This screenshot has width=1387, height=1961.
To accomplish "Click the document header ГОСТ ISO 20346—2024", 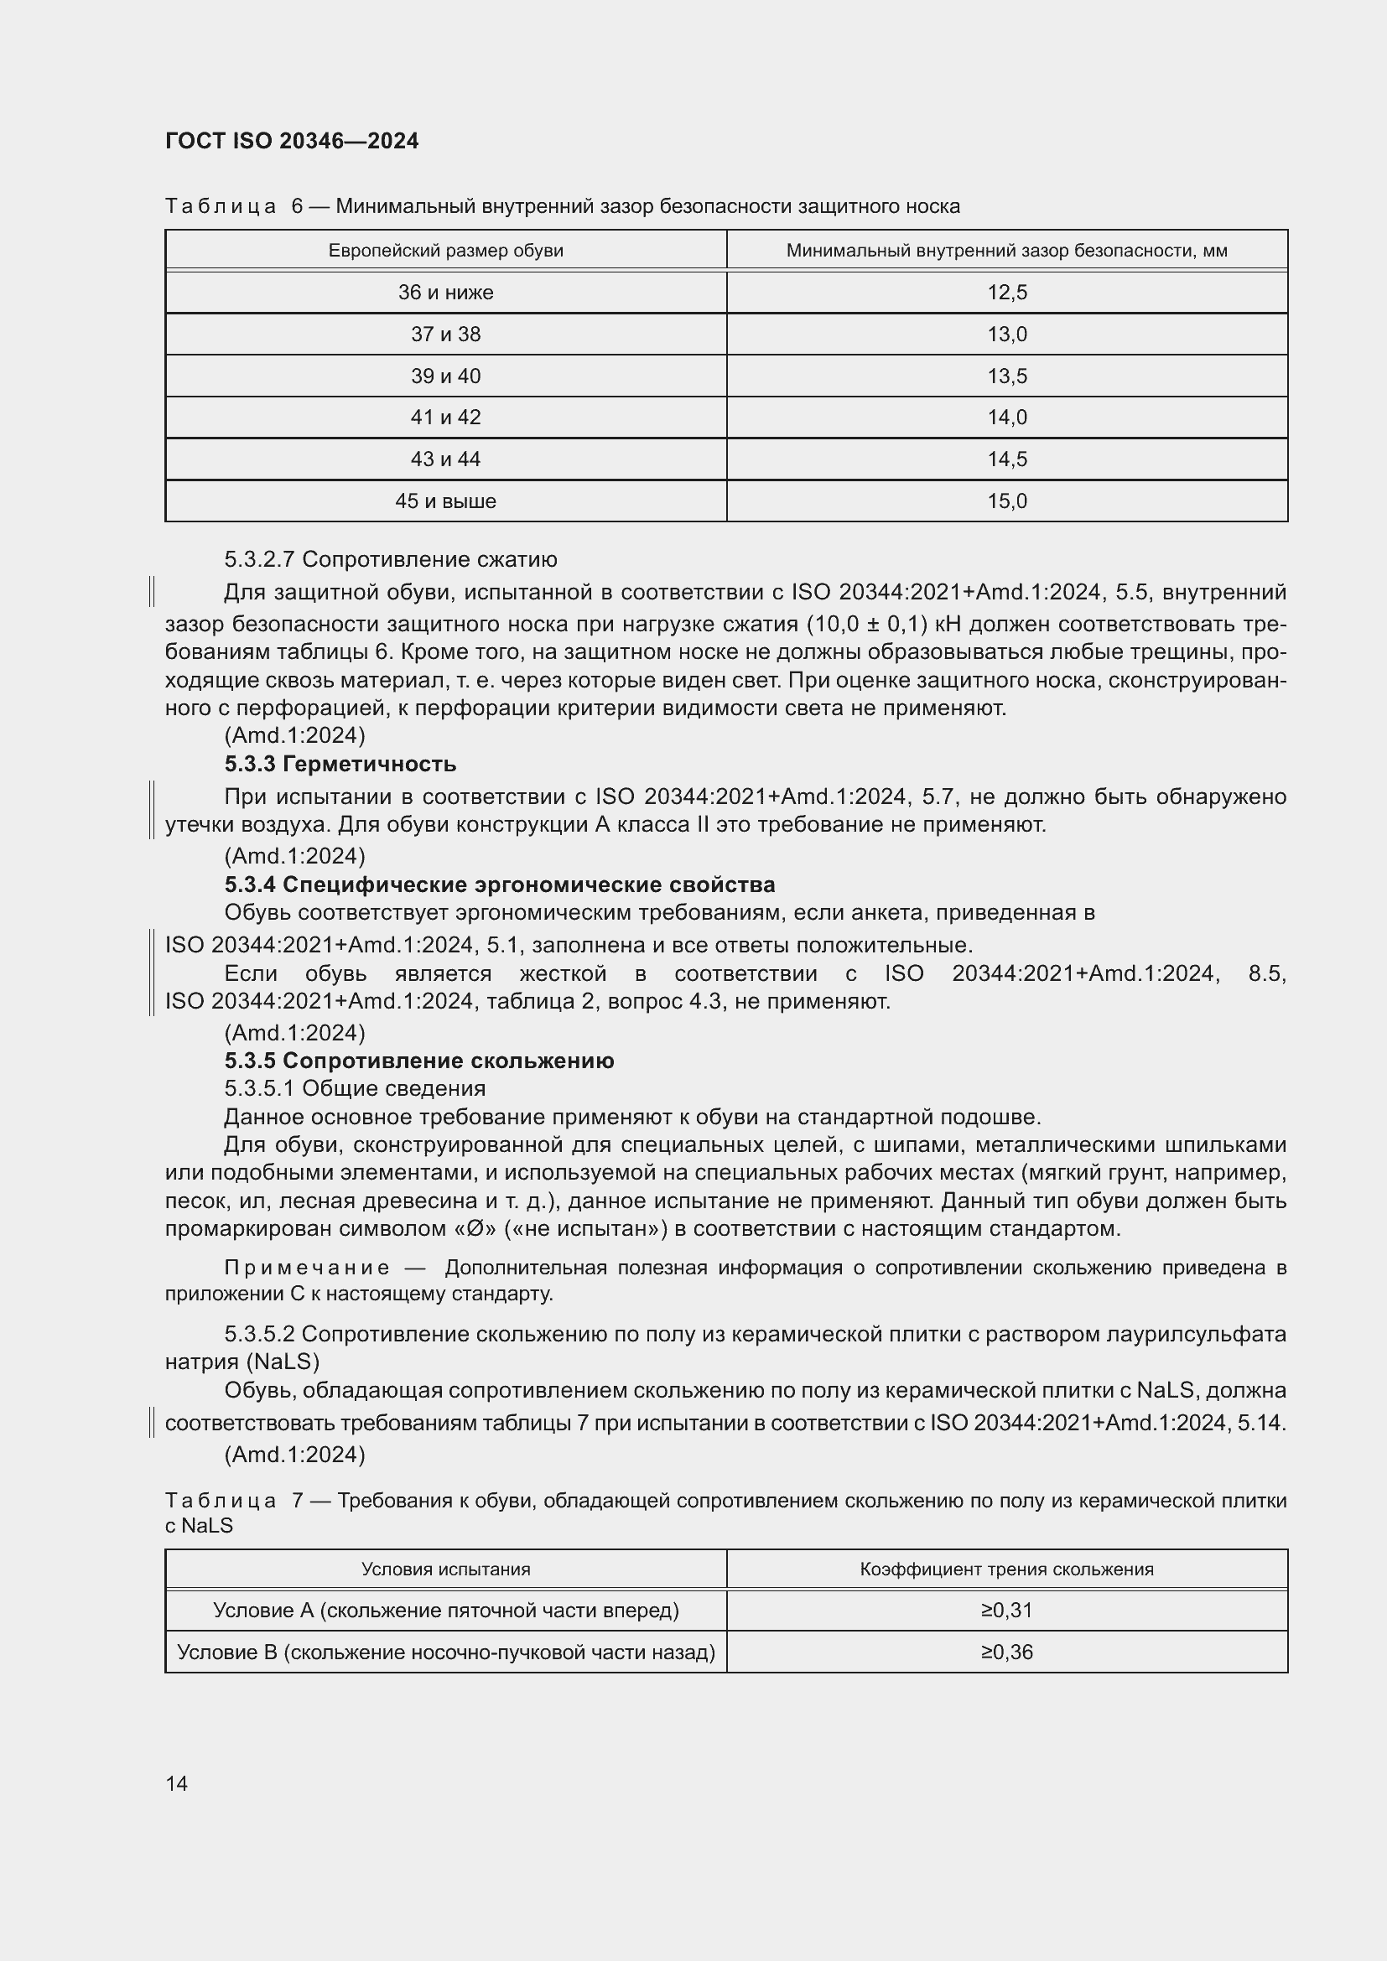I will click(291, 141).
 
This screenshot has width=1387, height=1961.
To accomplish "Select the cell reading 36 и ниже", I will click(445, 292).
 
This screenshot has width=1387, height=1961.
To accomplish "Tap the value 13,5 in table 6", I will click(1007, 376).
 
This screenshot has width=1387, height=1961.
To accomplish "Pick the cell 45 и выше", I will click(445, 501).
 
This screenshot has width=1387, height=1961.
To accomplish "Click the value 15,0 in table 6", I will click(1007, 501).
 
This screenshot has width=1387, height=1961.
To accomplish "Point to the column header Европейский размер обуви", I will click(445, 250).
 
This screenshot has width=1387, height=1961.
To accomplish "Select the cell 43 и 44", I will click(445, 459).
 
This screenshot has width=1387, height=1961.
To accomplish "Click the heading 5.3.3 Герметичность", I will click(340, 764).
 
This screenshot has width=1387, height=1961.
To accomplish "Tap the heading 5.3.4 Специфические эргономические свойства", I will click(500, 884).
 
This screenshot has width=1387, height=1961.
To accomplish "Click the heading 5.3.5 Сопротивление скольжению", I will click(418, 1061).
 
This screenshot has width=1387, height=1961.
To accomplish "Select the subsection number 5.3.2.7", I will click(260, 559).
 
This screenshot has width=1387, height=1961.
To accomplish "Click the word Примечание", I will click(307, 1268).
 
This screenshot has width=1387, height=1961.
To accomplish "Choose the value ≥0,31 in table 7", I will click(1007, 1610).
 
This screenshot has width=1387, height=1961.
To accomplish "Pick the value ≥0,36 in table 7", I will click(1007, 1652).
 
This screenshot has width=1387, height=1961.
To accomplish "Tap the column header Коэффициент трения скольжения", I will click(1006, 1569).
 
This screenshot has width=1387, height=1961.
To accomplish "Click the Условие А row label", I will click(445, 1610).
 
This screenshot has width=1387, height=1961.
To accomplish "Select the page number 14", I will click(177, 1783).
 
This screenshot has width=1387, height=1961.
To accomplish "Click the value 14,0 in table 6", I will click(1007, 418).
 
